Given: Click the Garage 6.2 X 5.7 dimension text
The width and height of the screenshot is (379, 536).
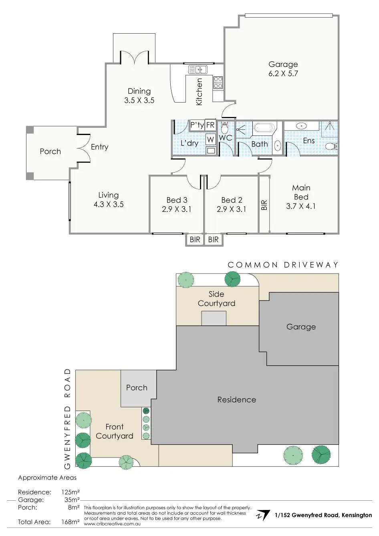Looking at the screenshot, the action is pos(283,74).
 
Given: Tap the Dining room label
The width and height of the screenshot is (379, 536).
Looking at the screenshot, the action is pos(139,91).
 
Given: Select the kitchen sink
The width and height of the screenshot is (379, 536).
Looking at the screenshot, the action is pos(197,70).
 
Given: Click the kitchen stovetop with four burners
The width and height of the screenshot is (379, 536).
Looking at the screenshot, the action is pos(218,83).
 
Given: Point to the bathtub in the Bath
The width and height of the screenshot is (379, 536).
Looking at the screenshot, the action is pos(264,128).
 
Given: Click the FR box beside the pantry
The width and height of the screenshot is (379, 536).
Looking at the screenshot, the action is pos(210,125).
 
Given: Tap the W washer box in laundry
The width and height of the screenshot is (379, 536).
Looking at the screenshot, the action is pos(210,140).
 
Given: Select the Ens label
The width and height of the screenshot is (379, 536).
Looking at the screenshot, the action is pos(308,141).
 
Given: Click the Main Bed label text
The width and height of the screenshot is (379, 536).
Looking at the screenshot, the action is pos(301,192).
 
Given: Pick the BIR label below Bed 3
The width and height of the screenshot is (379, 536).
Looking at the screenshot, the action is pos(195,240).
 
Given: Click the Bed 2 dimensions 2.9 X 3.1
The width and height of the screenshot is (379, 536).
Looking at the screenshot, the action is pos(231,209).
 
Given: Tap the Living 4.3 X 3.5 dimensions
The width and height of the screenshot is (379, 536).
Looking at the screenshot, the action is pos(108,204).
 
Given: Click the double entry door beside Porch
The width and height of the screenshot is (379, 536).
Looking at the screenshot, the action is pos(85,147).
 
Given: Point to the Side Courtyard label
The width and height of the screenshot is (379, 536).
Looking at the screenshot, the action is pos(216,299).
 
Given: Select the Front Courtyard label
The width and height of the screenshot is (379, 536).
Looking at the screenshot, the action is pos(115,431).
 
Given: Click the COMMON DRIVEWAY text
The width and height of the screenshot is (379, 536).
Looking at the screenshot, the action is pos(283,265).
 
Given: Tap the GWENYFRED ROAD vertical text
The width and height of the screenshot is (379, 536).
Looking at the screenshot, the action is pos(67,419).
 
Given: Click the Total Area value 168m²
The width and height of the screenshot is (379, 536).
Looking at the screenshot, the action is pos(71,522).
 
